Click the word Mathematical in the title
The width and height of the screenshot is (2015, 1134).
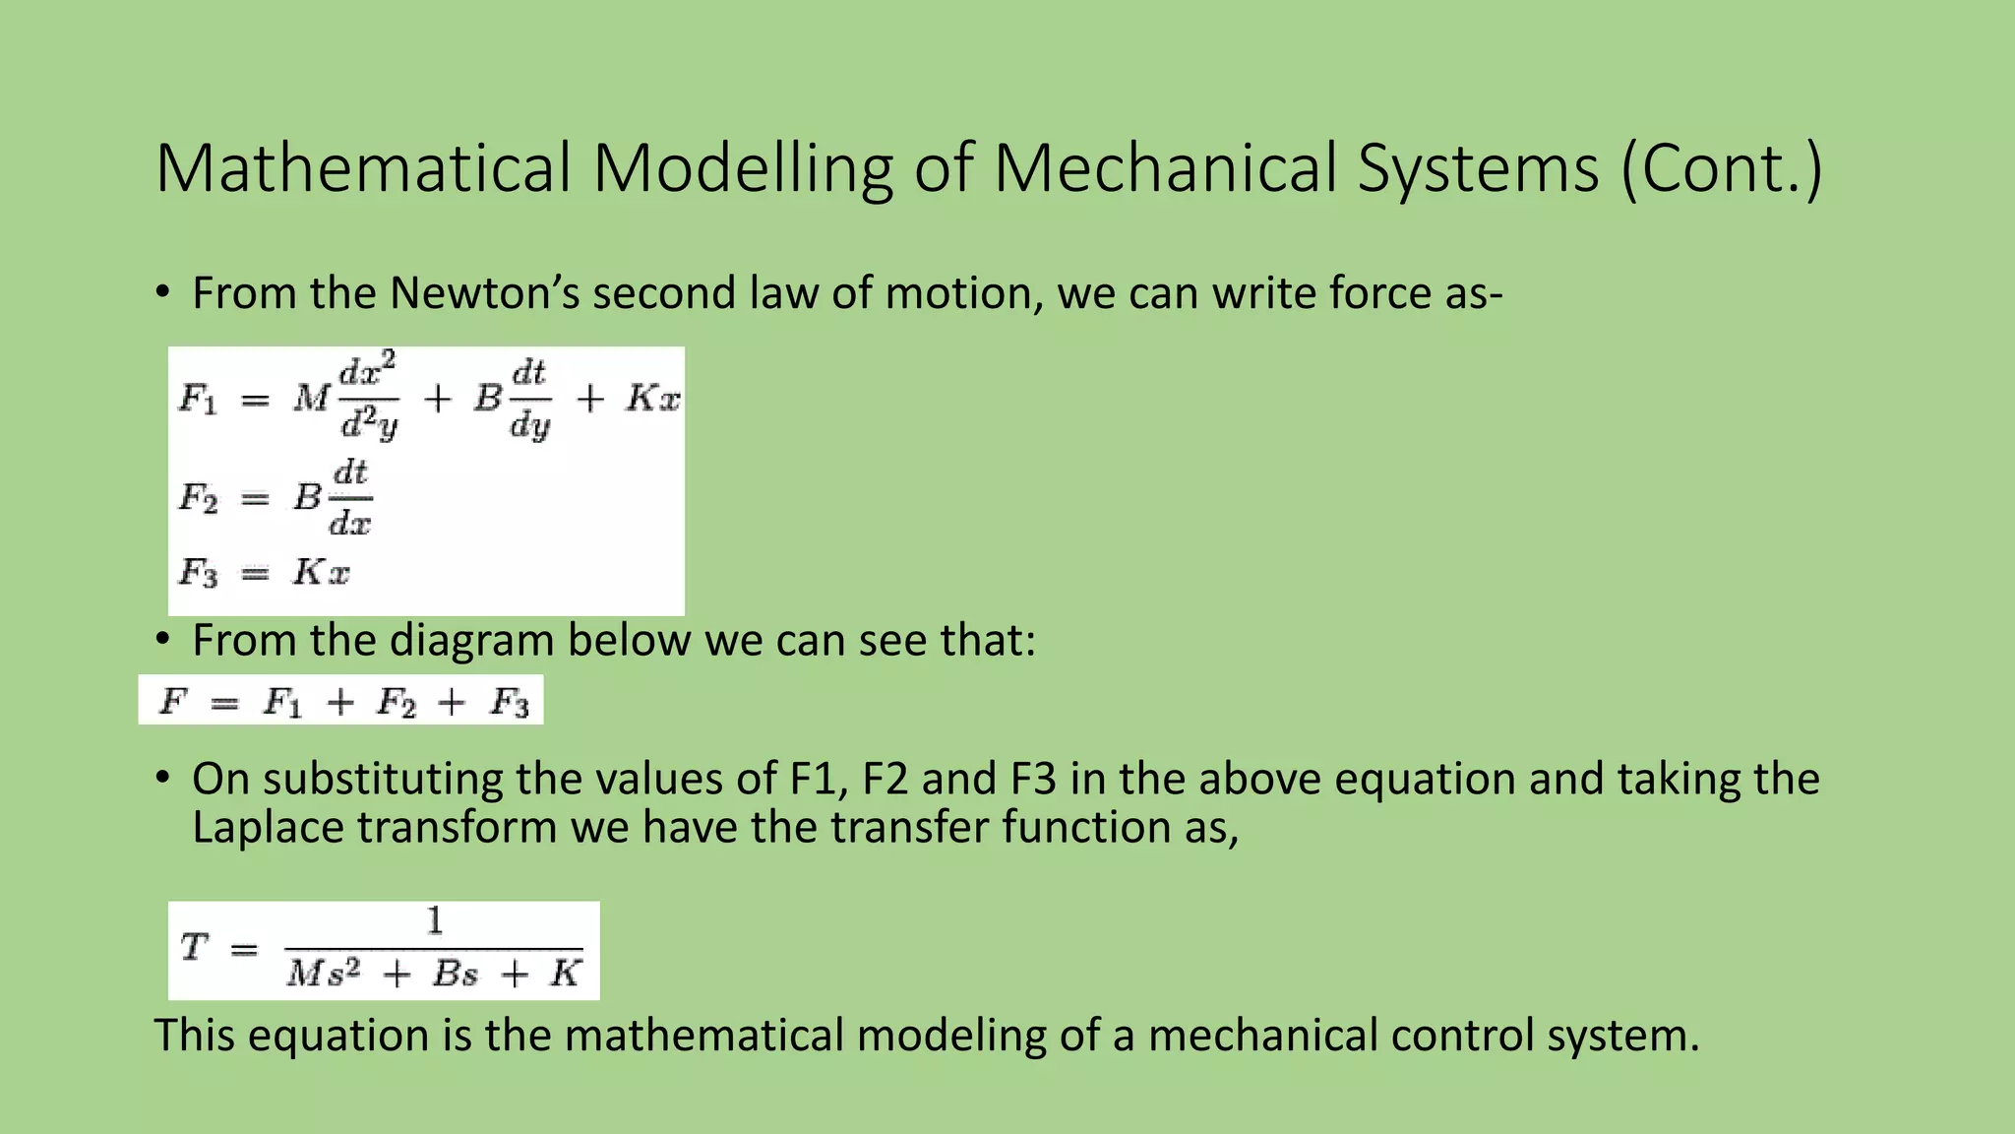point(363,168)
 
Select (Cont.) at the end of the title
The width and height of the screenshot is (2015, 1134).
point(1722,168)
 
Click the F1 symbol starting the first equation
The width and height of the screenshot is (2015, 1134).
point(198,399)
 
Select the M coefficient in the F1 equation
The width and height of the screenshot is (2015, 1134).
point(311,399)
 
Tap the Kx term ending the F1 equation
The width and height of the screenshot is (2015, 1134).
point(652,399)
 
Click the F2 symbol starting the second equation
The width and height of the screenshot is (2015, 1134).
point(198,498)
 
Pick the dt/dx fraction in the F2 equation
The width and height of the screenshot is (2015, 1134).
point(350,498)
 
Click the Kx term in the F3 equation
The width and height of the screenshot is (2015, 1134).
point(321,572)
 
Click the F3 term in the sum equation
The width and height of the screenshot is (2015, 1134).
point(510,702)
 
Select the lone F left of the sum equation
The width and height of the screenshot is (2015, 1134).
point(173,701)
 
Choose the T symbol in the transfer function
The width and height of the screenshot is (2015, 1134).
point(194,948)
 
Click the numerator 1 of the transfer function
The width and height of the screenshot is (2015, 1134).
point(434,921)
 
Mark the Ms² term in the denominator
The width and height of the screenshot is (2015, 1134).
point(324,974)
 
